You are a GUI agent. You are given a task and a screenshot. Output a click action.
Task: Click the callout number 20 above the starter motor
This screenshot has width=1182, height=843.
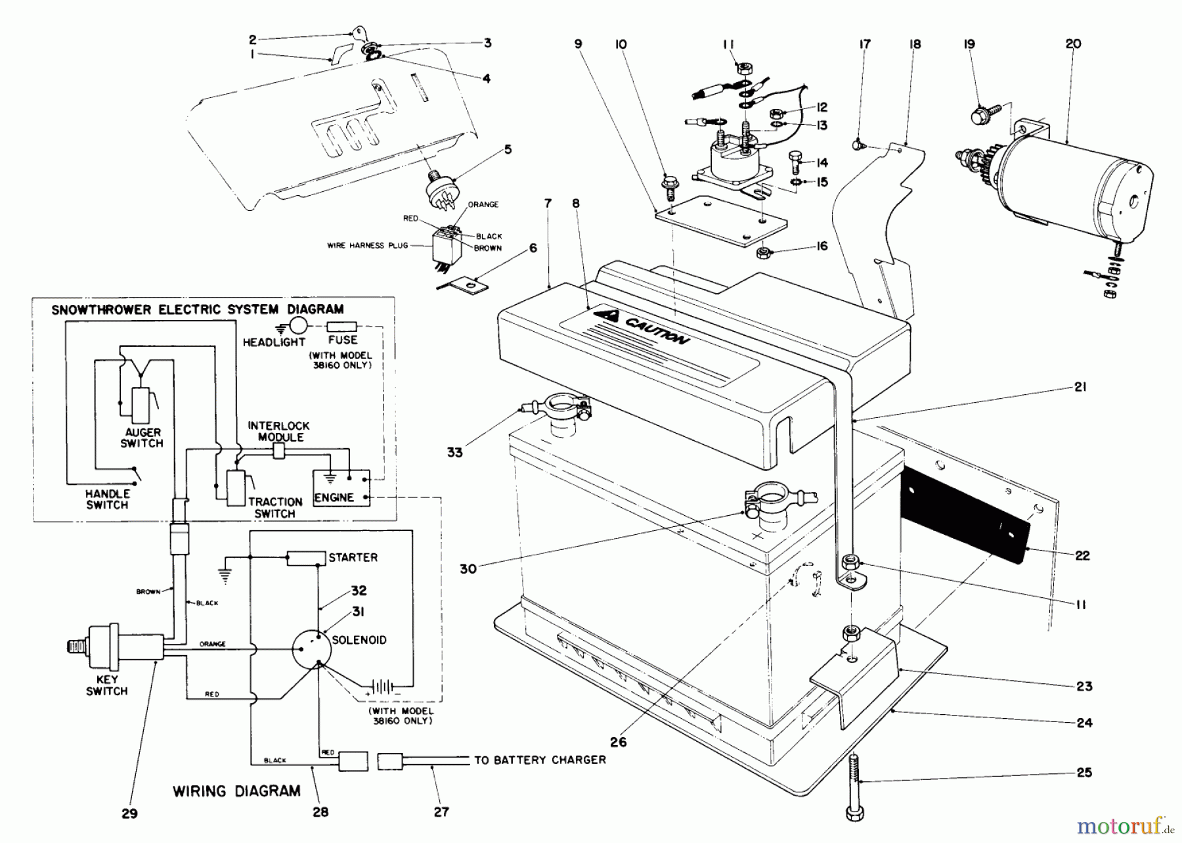[1073, 44]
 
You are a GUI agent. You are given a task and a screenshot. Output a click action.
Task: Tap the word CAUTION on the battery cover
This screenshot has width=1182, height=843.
[657, 330]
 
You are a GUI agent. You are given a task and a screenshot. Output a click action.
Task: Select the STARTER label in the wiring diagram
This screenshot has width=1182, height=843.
[353, 557]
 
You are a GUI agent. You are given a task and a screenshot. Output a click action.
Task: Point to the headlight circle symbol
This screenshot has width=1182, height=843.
[299, 326]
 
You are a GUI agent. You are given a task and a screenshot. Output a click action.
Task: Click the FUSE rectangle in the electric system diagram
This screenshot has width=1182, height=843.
[341, 326]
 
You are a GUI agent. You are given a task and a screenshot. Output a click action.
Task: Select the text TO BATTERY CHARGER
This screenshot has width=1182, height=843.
[540, 760]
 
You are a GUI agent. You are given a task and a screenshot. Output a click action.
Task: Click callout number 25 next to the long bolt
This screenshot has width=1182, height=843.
[1084, 772]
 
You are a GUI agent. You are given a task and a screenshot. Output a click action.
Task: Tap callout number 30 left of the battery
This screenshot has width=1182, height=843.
[468, 569]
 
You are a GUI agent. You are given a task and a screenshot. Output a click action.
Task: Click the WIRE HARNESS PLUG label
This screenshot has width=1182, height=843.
[368, 246]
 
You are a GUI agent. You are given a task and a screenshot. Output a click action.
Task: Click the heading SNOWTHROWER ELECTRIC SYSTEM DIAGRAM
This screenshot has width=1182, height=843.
[197, 309]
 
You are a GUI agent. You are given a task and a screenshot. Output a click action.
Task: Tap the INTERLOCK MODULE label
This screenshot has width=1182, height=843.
[278, 431]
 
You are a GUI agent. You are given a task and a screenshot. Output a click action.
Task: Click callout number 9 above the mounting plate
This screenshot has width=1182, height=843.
[578, 44]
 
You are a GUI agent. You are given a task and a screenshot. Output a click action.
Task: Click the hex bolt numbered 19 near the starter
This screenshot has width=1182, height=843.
[980, 116]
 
